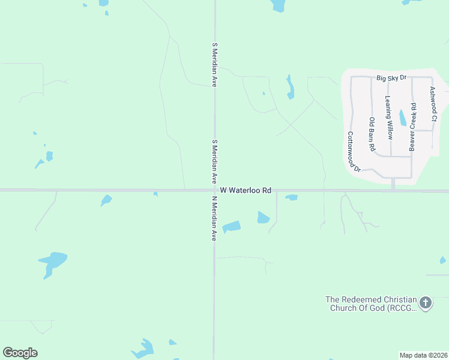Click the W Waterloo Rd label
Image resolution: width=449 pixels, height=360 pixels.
246,190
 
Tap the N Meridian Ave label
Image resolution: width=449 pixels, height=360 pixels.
213,218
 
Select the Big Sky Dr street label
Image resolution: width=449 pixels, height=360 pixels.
392,78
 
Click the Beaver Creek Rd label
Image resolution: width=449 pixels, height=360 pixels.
413,127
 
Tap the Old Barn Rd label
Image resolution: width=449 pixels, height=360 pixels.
372,134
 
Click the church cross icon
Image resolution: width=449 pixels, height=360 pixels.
426,302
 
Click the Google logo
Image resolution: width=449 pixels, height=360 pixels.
20,353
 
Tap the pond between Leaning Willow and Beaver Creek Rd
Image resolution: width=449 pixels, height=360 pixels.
402,118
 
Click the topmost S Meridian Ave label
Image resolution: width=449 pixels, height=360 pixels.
214,65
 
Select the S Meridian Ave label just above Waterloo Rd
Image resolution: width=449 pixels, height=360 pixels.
214,162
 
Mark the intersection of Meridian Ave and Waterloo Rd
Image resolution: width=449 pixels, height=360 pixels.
214,191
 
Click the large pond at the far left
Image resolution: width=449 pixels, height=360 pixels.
53,262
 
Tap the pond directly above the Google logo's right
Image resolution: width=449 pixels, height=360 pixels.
144,348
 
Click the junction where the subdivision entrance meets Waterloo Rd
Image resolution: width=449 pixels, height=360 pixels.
393,191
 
